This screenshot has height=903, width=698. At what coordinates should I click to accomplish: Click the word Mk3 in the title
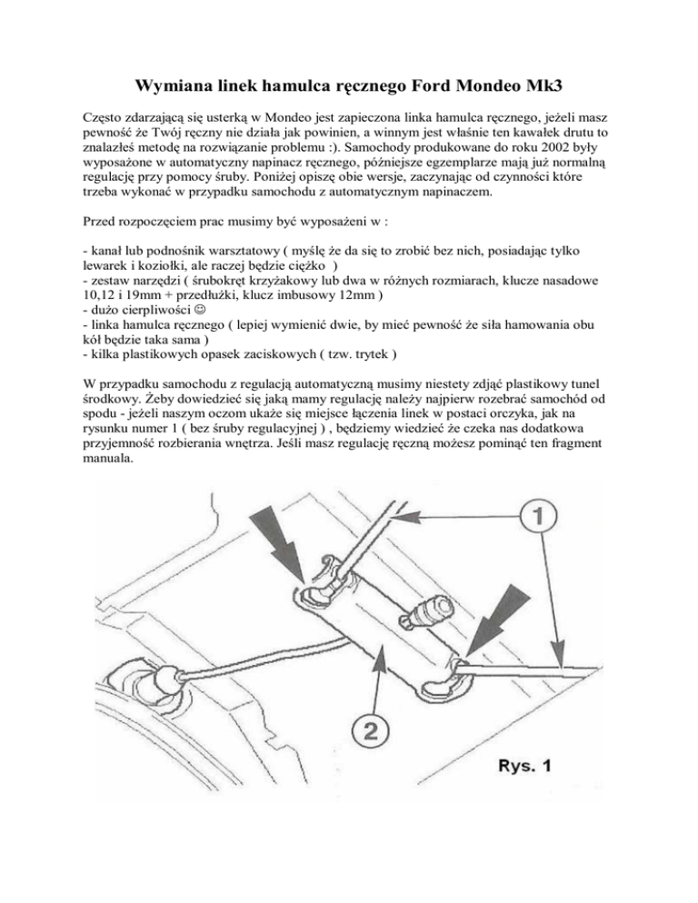pos(540,87)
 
